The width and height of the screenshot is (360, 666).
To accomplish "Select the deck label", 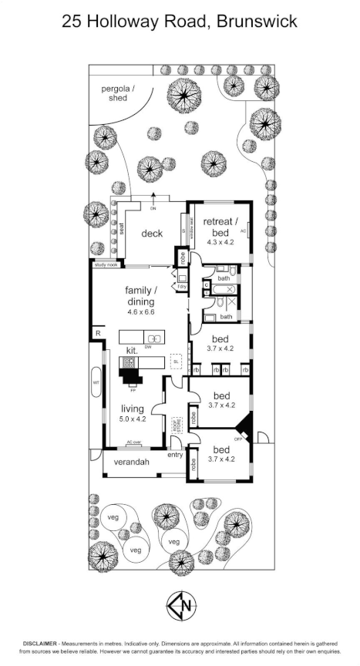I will [151, 233].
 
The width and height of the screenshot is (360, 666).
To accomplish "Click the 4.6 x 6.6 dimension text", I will [140, 313].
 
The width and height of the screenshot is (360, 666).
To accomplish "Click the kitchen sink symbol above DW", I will [154, 338].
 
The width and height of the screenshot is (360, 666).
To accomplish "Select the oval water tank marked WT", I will [96, 382].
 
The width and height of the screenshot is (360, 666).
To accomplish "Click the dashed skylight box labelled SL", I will [176, 361].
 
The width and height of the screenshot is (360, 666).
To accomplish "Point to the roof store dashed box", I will [177, 423].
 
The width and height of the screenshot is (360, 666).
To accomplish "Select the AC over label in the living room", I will [134, 442].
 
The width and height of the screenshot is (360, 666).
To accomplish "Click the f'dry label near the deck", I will [183, 287].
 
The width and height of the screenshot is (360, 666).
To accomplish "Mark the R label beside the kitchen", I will [96, 333].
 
